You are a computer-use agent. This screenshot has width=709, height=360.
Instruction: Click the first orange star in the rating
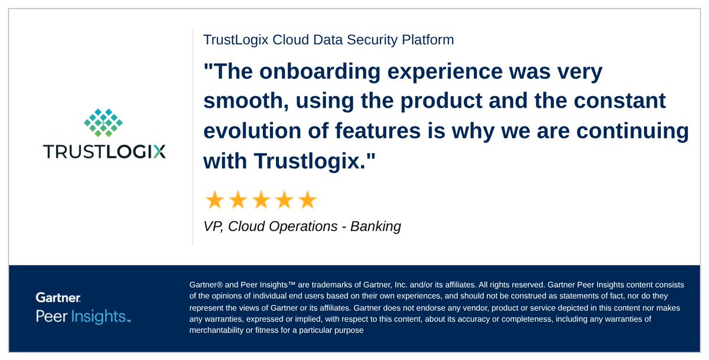[x=214, y=200]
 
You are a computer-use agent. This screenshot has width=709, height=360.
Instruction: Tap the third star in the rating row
[x=261, y=200]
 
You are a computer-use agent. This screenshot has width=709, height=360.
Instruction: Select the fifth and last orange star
[x=307, y=200]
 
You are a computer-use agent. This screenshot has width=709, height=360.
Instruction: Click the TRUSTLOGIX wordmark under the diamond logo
[x=105, y=152]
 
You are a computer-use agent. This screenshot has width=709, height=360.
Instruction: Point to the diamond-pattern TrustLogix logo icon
[x=103, y=121]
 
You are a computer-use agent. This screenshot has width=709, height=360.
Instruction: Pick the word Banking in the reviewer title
[x=376, y=226]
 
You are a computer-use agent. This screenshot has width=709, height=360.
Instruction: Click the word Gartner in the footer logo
[x=58, y=298]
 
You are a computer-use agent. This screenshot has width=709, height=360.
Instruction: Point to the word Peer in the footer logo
[x=51, y=316]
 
